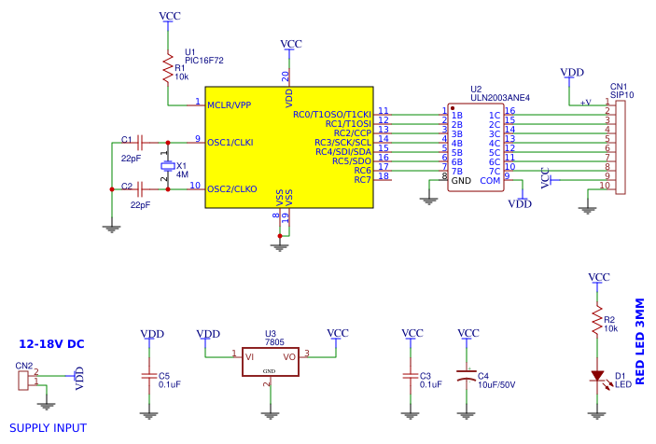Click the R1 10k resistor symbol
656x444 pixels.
pos(168,68)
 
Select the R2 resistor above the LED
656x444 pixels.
pos(597,322)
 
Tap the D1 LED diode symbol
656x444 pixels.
pos(597,376)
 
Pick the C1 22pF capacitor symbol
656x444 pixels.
pos(139,143)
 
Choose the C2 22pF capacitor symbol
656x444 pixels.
pos(139,189)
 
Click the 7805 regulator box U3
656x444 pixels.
pos(270,362)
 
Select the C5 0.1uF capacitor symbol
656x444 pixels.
pos(147,376)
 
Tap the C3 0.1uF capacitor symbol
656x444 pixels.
pos(409,376)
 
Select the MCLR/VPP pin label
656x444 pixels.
pos(230,105)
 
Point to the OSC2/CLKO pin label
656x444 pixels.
pos(232,189)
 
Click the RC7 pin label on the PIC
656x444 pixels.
pos(363,179)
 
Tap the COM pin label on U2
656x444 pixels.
pos(490,180)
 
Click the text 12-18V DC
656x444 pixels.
pos(51,344)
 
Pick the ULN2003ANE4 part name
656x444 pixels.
pos(500,97)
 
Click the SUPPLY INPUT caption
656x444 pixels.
pos(48,428)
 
